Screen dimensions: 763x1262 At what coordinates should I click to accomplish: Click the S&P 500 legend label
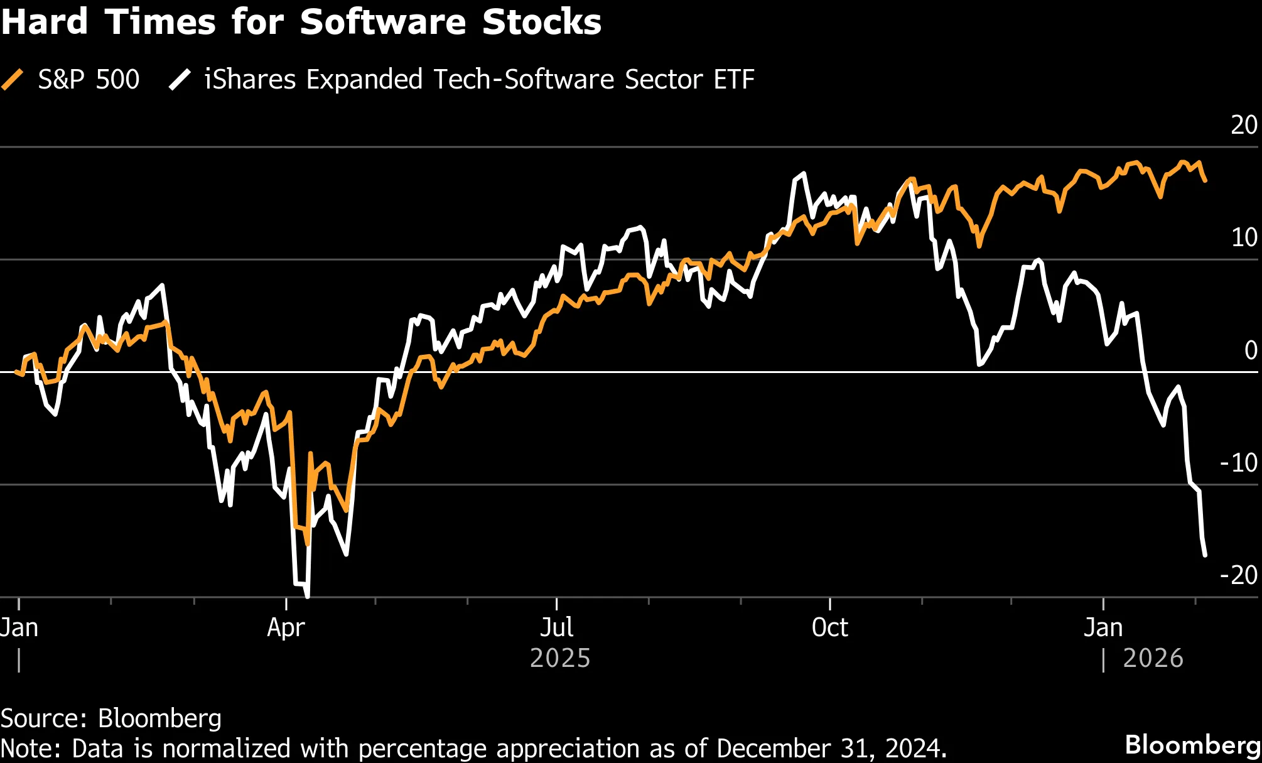click(x=89, y=80)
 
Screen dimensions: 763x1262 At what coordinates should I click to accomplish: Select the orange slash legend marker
click(x=13, y=80)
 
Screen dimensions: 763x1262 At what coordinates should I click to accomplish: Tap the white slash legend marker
click(x=180, y=80)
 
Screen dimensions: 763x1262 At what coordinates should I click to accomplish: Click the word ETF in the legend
click(x=733, y=80)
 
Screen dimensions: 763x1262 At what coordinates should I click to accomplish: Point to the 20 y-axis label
click(x=1243, y=125)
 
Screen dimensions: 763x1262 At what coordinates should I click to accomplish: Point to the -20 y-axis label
click(x=1238, y=575)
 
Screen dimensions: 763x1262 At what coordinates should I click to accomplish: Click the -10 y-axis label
click(x=1238, y=463)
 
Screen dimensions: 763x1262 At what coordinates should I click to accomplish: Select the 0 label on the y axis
click(x=1250, y=350)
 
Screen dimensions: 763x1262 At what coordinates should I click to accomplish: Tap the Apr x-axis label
click(x=286, y=627)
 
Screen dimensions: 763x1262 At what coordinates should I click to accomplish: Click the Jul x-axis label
click(x=556, y=627)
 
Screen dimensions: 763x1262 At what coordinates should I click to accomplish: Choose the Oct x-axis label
click(x=829, y=627)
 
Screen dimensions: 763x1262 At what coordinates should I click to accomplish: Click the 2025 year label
click(x=560, y=658)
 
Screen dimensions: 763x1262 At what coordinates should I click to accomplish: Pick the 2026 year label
click(x=1153, y=658)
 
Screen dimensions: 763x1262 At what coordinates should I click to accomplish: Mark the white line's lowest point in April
click(x=307, y=596)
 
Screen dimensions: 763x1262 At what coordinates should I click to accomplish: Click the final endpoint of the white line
click(x=1205, y=555)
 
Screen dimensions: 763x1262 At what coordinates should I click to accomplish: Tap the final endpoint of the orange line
click(x=1205, y=181)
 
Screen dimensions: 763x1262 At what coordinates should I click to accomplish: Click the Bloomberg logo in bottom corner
click(x=1192, y=745)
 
